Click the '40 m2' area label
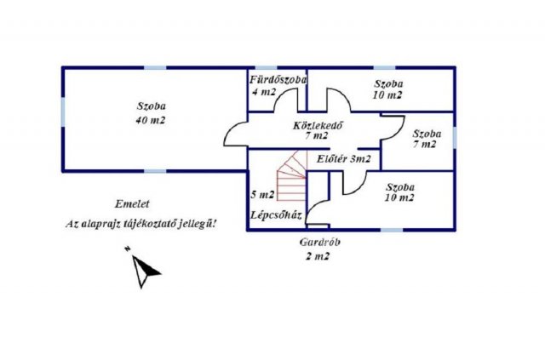pos(150,121)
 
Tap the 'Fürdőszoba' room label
pos(278,80)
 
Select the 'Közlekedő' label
pos(317,123)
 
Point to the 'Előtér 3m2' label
pos(344,159)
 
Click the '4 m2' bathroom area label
pos(263,92)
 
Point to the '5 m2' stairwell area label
pos(263,195)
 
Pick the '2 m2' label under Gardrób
pos(317,255)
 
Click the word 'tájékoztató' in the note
pos(154,224)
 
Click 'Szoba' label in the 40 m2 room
pos(151,106)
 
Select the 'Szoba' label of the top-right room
pos(388,83)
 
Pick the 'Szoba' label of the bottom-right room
pos(400,186)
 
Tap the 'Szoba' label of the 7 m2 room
pos(426,134)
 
